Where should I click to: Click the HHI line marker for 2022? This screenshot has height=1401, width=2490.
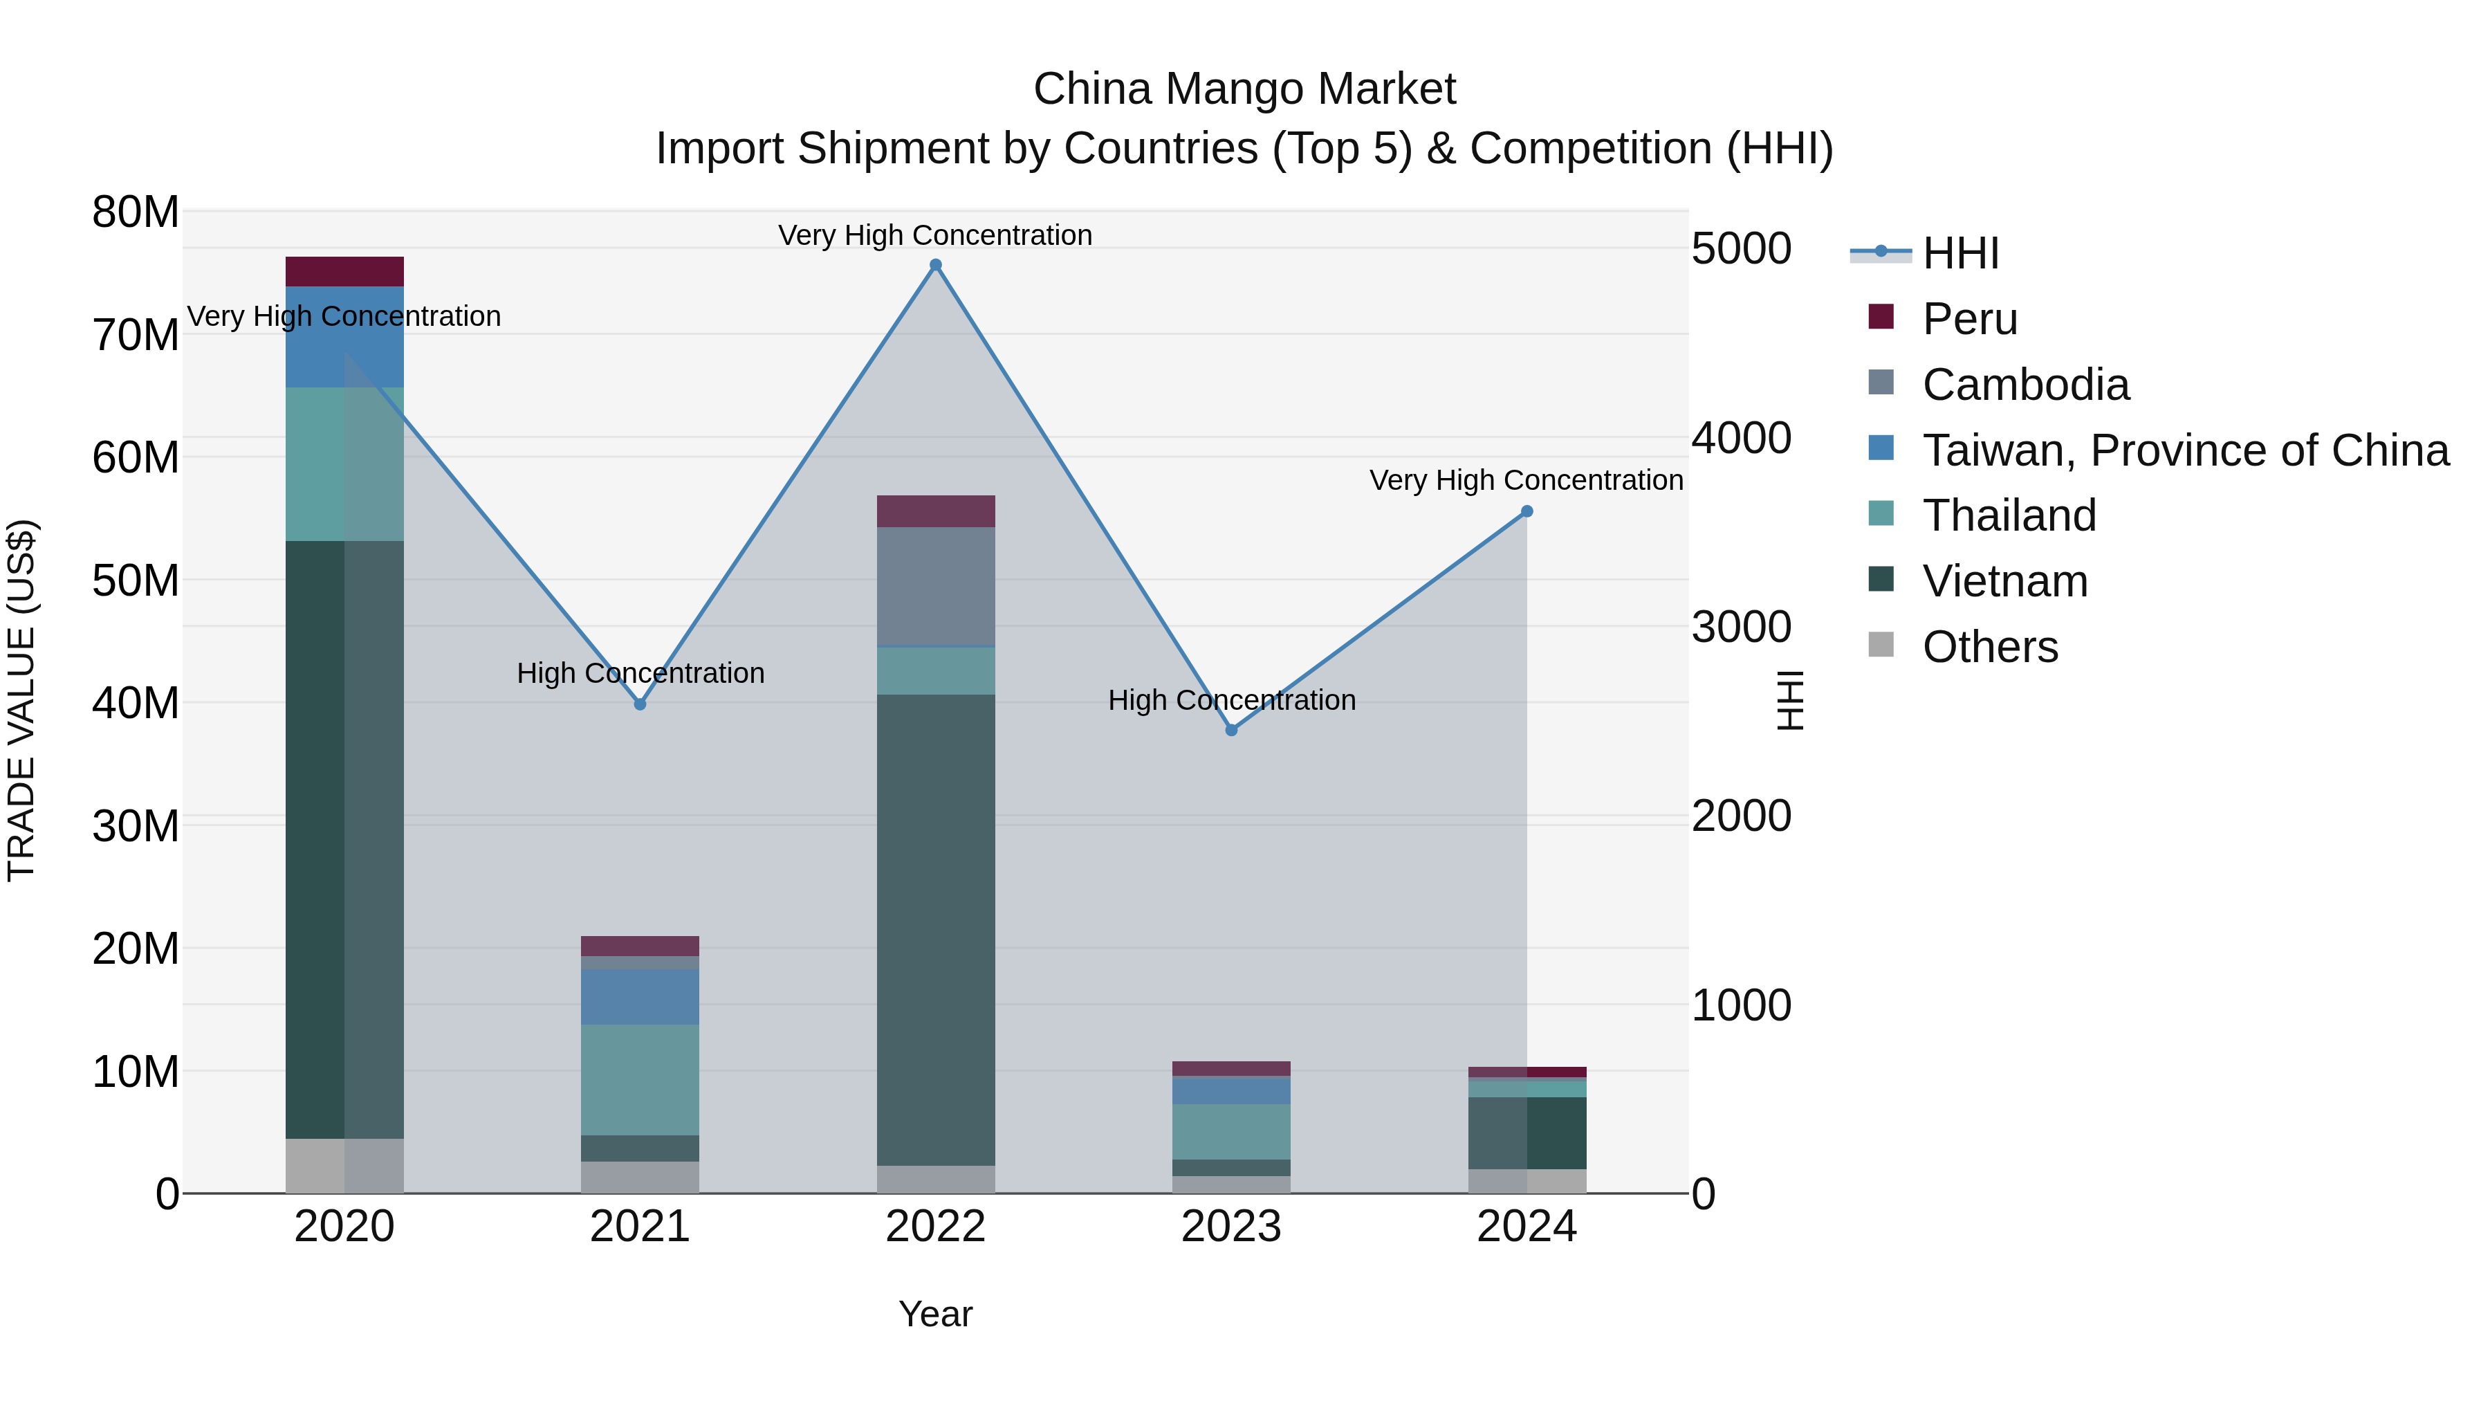click(934, 265)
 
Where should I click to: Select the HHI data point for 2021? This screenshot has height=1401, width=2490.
click(640, 704)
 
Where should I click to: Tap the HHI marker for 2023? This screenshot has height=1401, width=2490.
click(1230, 730)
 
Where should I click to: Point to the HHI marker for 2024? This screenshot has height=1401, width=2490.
click(1527, 511)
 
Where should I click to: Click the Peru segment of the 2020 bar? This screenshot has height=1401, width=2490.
click(344, 272)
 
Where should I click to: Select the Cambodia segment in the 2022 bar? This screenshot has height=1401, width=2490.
click(934, 586)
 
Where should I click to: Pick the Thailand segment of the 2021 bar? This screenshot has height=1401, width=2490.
click(640, 1079)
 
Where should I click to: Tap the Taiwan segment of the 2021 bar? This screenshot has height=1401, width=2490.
click(640, 996)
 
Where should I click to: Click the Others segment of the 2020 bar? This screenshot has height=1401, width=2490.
click(344, 1165)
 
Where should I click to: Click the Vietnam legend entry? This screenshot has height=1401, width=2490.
click(2004, 581)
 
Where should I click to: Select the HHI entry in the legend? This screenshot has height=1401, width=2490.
click(1959, 253)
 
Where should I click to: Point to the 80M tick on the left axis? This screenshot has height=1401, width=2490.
click(136, 212)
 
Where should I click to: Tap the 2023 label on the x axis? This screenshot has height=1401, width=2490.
click(1230, 1227)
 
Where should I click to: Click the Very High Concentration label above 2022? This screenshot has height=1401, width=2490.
click(934, 235)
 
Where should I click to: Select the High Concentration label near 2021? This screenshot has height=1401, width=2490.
click(640, 673)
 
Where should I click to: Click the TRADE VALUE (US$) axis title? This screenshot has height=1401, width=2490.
click(21, 700)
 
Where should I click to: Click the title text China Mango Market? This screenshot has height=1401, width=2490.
click(1244, 89)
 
